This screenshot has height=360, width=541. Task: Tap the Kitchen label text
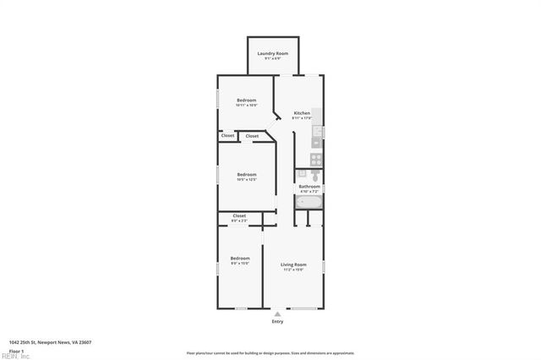(x=302, y=113)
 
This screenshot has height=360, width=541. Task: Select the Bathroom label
(x=309, y=186)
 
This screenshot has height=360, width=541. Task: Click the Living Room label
(x=293, y=265)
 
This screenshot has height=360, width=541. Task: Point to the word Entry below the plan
(x=277, y=322)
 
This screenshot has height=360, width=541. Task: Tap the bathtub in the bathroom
(x=308, y=203)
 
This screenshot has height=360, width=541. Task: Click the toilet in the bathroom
(x=314, y=175)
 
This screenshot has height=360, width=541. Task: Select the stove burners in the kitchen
(x=316, y=158)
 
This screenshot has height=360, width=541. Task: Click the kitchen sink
(x=317, y=132)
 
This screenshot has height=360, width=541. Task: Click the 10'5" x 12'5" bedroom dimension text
(x=246, y=179)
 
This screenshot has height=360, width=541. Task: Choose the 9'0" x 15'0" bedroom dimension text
(x=240, y=264)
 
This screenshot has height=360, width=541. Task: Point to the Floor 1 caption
(x=15, y=350)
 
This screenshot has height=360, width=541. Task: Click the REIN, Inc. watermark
(x=14, y=357)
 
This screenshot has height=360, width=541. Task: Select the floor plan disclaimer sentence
(x=270, y=353)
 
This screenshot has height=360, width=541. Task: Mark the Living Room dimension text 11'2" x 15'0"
(x=293, y=270)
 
